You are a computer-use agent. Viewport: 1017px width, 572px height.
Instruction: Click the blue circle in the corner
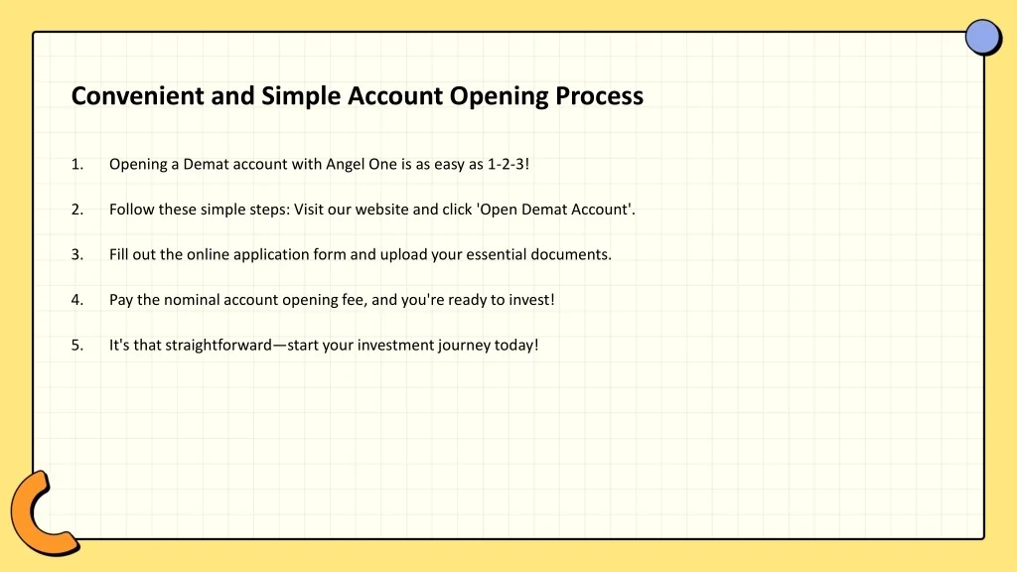(x=982, y=37)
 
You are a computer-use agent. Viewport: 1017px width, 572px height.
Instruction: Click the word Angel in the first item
(x=345, y=165)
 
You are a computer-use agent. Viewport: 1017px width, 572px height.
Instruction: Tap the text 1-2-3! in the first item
(x=508, y=164)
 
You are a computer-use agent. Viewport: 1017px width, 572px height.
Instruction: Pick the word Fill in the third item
(x=119, y=254)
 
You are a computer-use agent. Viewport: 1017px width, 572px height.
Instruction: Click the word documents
(x=571, y=254)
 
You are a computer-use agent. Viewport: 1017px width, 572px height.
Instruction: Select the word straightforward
(x=218, y=346)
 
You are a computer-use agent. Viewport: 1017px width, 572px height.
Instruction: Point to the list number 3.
(x=77, y=254)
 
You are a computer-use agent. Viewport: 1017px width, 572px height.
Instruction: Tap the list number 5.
(x=77, y=345)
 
